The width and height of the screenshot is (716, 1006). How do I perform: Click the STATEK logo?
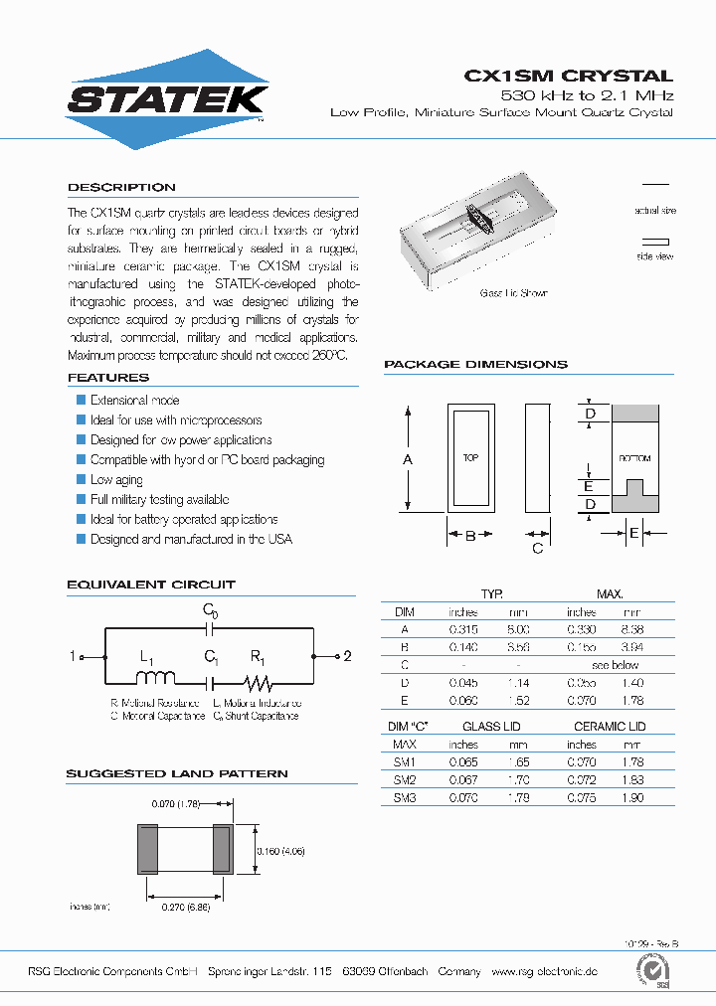click(x=166, y=99)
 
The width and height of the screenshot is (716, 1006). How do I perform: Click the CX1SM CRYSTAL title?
click(x=569, y=76)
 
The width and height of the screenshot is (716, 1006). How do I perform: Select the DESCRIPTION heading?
click(x=121, y=188)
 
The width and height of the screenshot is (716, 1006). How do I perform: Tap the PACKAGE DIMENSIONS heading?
click(x=475, y=365)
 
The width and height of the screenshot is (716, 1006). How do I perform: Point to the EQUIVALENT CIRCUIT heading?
click(x=151, y=585)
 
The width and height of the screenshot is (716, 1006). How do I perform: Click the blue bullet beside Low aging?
click(x=82, y=480)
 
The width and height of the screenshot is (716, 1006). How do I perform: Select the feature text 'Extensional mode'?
click(x=134, y=401)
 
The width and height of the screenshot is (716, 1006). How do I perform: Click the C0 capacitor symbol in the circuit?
click(x=210, y=628)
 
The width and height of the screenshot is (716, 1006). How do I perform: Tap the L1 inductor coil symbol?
click(x=155, y=679)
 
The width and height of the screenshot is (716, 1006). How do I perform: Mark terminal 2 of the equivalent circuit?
click(x=347, y=656)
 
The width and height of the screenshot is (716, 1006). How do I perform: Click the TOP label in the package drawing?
click(x=471, y=458)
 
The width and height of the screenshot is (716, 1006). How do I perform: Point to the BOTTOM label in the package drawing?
click(x=634, y=458)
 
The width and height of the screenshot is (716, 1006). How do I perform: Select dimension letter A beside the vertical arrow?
click(x=406, y=459)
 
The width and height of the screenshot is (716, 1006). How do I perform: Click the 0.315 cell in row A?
click(x=463, y=629)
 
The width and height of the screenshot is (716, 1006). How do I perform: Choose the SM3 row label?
click(x=405, y=798)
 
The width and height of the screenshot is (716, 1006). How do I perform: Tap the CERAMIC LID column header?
click(x=610, y=727)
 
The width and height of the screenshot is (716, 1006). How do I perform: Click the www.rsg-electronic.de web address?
click(x=544, y=971)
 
